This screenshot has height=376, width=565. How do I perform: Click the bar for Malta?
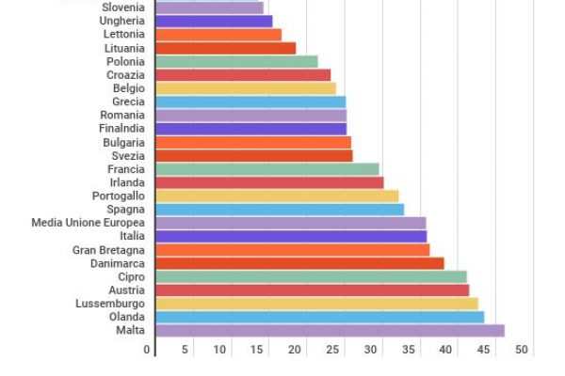pyautogui.click(x=330, y=331)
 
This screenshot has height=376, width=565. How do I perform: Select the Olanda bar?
pyautogui.click(x=319, y=317)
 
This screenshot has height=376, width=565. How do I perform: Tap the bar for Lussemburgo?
pyautogui.click(x=316, y=304)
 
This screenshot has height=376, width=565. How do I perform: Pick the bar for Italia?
pyautogui.click(x=291, y=236)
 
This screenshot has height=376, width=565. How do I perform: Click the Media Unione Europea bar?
pyautogui.click(x=290, y=223)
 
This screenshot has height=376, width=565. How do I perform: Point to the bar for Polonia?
pyautogui.click(x=236, y=61)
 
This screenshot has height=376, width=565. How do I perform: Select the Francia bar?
pyautogui.click(x=267, y=169)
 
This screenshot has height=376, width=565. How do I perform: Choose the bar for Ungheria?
pyautogui.click(x=214, y=21)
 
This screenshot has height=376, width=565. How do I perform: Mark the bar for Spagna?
pyautogui.click(x=280, y=210)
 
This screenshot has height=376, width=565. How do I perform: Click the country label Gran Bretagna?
pyautogui.click(x=108, y=250)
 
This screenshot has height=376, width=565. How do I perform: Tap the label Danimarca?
pyautogui.click(x=117, y=263)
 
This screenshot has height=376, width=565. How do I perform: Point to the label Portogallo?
pyautogui.click(x=118, y=196)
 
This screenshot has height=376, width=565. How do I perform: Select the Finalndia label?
pyautogui.click(x=121, y=129)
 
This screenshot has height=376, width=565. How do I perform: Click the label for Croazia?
pyautogui.click(x=125, y=74)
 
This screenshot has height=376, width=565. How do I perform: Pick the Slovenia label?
pyautogui.click(x=122, y=8)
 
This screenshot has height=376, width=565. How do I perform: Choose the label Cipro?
pyautogui.click(x=131, y=276)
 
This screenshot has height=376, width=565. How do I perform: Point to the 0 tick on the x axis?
pyautogui.click(x=147, y=350)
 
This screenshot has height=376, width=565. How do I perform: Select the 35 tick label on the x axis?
pyautogui.click(x=409, y=350)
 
